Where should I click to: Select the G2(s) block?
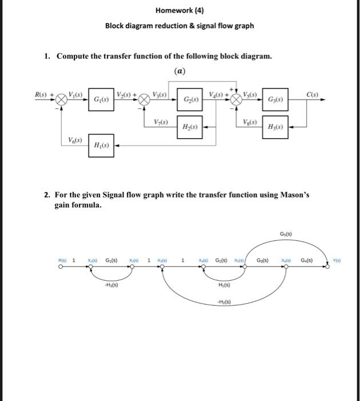pyautogui.click(x=191, y=100)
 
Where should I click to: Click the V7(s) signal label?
pyautogui.click(x=161, y=121)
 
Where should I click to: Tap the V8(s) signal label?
pyautogui.click(x=250, y=121)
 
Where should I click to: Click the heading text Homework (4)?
pyautogui.click(x=179, y=11)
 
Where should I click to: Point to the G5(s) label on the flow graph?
pyautogui.click(x=286, y=234)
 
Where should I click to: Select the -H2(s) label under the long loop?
pyautogui.click(x=224, y=302)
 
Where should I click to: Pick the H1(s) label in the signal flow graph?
pyautogui.click(x=224, y=285)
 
